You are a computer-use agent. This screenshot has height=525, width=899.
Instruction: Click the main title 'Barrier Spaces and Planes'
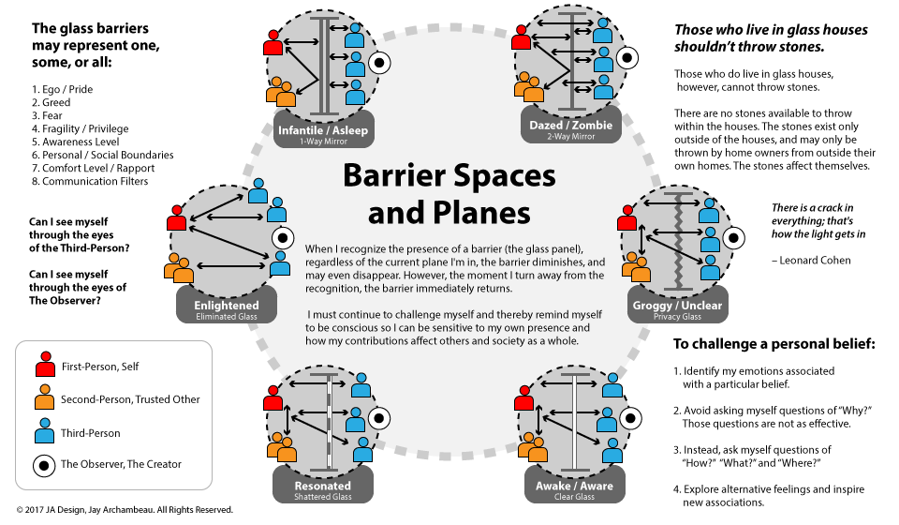(449, 193)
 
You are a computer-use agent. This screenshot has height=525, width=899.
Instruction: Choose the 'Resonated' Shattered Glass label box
(322, 489)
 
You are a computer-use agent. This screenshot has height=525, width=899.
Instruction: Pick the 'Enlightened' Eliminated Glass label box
(228, 309)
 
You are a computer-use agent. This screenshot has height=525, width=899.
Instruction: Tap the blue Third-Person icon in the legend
(44, 432)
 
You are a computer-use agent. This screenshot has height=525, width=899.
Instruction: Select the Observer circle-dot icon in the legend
(44, 464)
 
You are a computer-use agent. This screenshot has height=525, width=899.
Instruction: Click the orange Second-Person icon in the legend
(44, 399)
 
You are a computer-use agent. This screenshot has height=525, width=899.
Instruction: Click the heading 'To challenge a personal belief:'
(773, 344)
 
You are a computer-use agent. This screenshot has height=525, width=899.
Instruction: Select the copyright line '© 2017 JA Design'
(124, 510)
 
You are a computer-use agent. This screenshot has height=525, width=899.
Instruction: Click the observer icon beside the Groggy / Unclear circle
(736, 238)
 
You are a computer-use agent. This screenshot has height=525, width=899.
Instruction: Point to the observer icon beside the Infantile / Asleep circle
(379, 64)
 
